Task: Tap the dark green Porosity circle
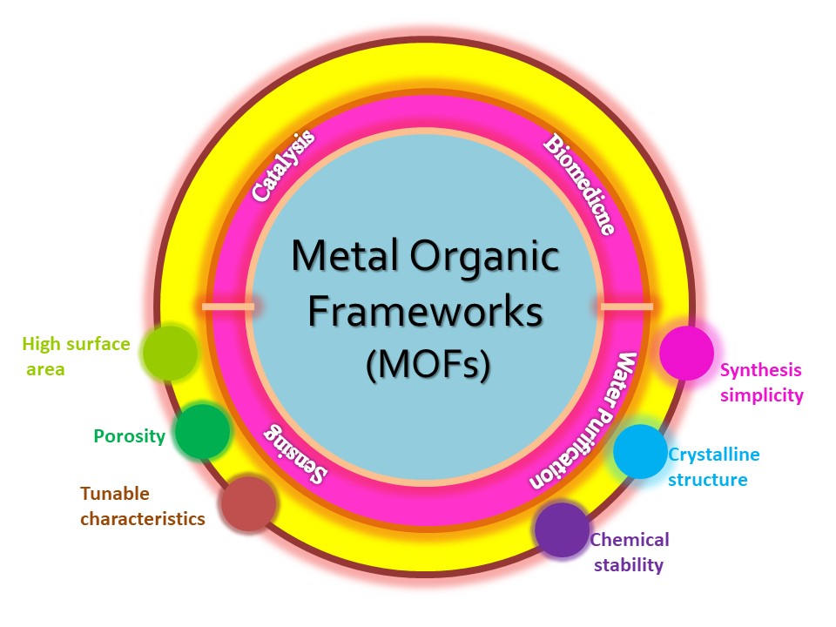tap(201, 431)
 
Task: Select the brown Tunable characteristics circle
tap(248, 503)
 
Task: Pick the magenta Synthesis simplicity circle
tap(686, 353)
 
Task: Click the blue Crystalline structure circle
tap(640, 451)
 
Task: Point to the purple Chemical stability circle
tap(562, 529)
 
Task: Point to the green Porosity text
tap(129, 435)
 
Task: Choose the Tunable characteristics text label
tap(142, 506)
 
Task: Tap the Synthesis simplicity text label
tap(761, 382)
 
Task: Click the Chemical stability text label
tap(629, 552)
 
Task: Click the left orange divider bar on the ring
tap(228, 307)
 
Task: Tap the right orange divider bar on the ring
tap(626, 307)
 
